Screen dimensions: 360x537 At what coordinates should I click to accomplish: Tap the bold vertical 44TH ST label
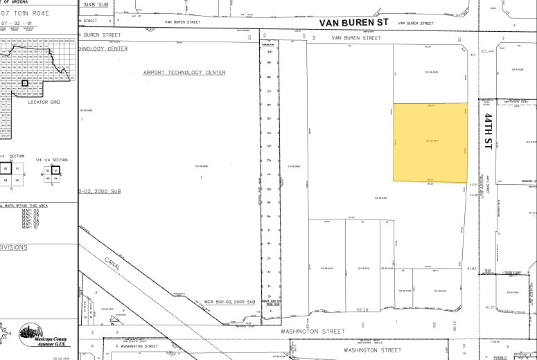point(488,130)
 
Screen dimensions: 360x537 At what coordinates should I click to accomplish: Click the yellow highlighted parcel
point(430,143)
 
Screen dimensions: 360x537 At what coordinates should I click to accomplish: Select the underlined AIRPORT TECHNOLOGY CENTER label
point(184,72)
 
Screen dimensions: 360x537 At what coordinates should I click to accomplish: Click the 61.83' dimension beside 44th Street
point(473,268)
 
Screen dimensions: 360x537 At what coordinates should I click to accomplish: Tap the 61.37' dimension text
point(491,307)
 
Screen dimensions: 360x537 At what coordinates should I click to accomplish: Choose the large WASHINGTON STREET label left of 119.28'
point(312,332)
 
